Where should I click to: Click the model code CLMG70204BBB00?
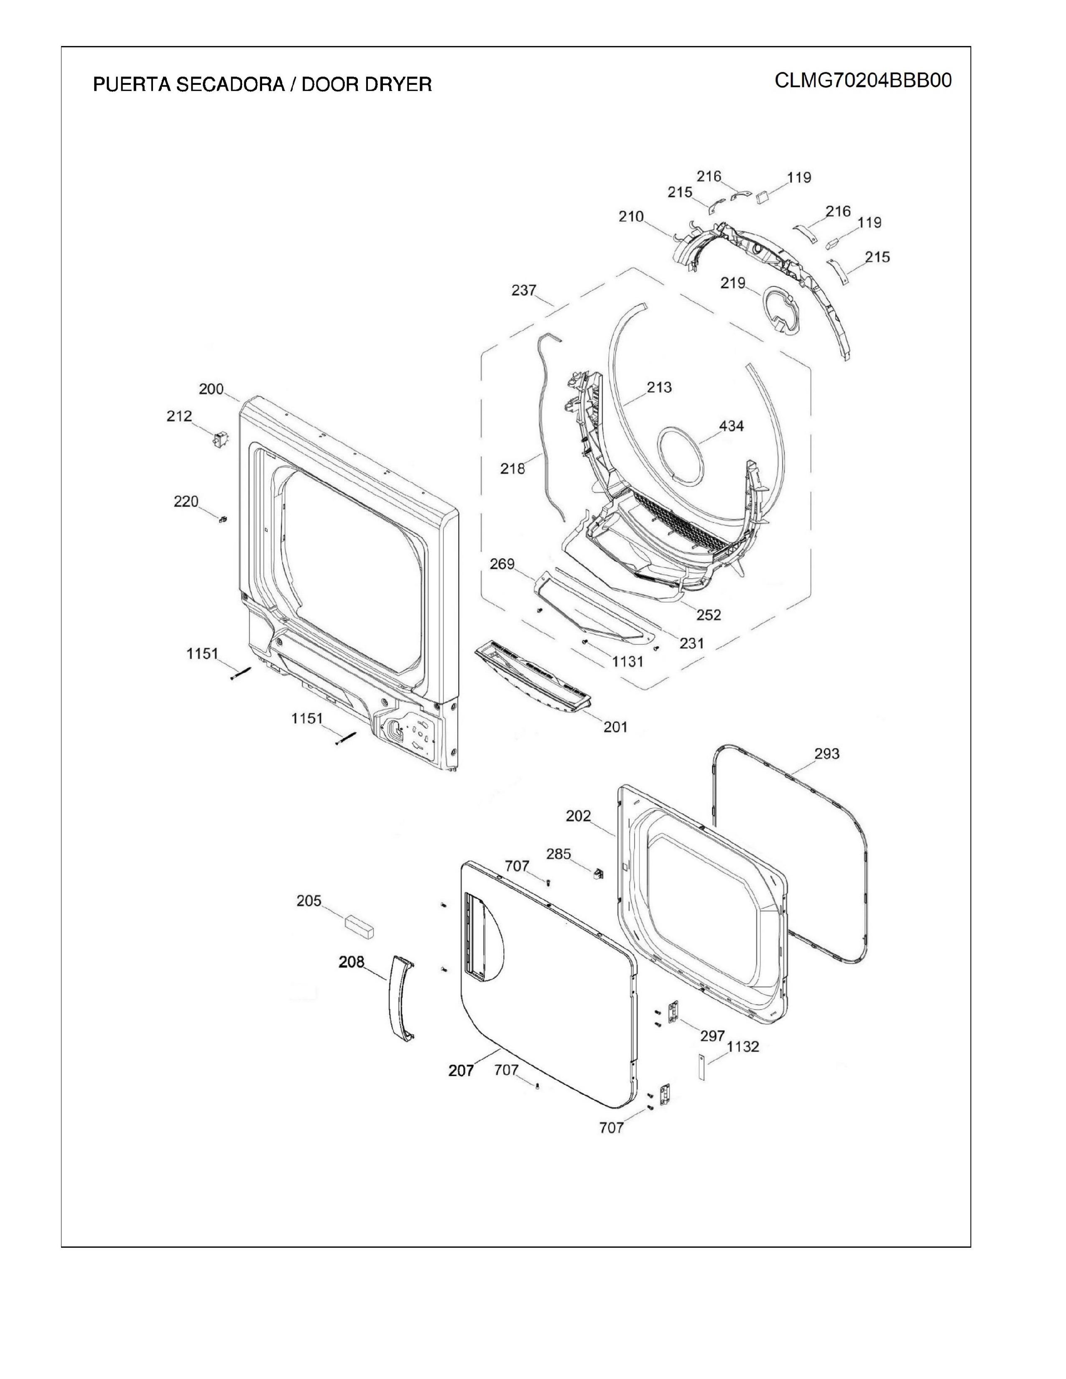pyautogui.click(x=863, y=81)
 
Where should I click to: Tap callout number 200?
pyautogui.click(x=211, y=389)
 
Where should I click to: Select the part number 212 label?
pyautogui.click(x=179, y=416)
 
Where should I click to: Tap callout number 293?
pyautogui.click(x=826, y=753)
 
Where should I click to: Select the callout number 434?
pyautogui.click(x=731, y=426)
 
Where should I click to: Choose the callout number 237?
pyautogui.click(x=524, y=290)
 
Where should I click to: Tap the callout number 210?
pyautogui.click(x=631, y=216)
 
